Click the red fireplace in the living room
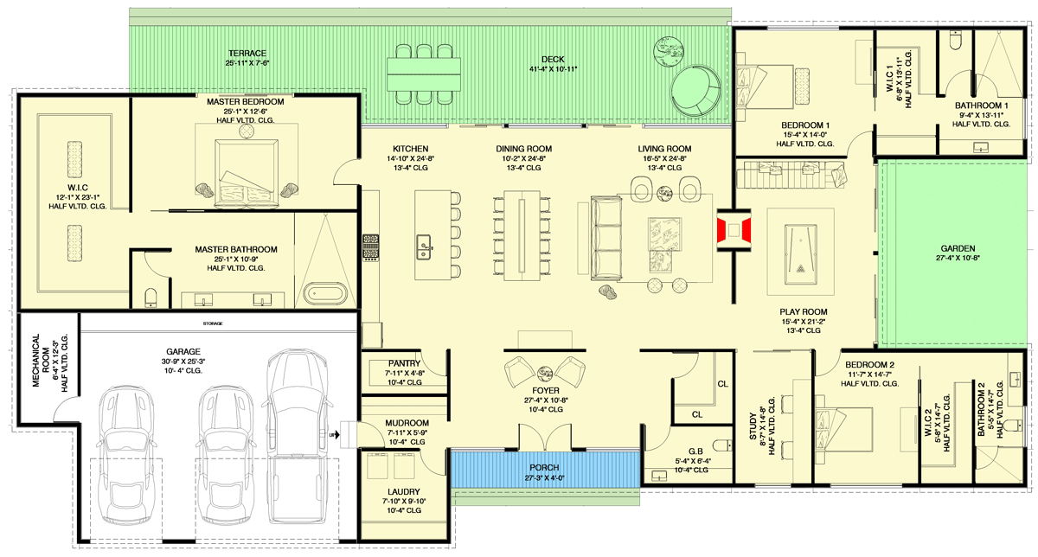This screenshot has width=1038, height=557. click(x=734, y=231)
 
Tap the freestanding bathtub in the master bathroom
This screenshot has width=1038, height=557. click(x=327, y=292)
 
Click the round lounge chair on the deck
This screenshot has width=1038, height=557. click(x=698, y=91)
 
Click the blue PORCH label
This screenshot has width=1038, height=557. click(x=545, y=467)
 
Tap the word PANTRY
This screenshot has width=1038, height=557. click(x=404, y=363)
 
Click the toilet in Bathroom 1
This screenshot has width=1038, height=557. click(x=954, y=41)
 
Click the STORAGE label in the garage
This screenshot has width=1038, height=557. click(x=214, y=323)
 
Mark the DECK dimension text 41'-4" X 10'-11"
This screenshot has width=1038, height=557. click(x=547, y=69)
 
